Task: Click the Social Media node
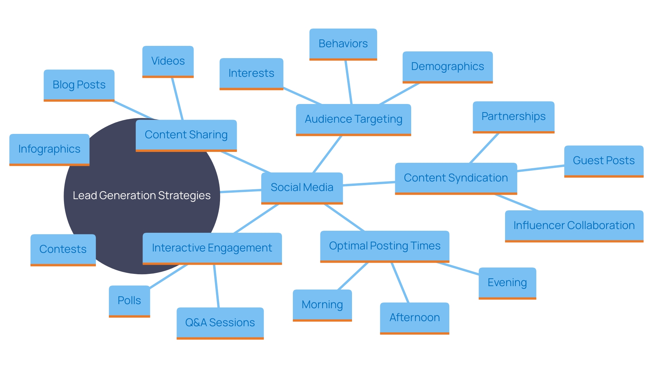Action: pyautogui.click(x=302, y=188)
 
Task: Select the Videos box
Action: pyautogui.click(x=168, y=61)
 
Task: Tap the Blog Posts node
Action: pyautogui.click(x=79, y=85)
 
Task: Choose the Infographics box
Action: pyautogui.click(x=49, y=149)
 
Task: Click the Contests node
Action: pyautogui.click(x=63, y=249)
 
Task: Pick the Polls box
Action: pyautogui.click(x=129, y=301)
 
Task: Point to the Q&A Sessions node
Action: pyautogui.click(x=220, y=323)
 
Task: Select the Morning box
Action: pyautogui.click(x=322, y=305)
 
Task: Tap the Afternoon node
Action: pyautogui.click(x=414, y=318)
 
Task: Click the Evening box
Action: pyautogui.click(x=507, y=283)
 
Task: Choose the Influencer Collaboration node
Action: pyautogui.click(x=574, y=226)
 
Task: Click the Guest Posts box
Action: pyautogui.click(x=604, y=161)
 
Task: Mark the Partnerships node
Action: pyautogui.click(x=513, y=117)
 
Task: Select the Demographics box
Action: pyautogui.click(x=447, y=67)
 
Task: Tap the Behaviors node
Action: pyautogui.click(x=343, y=44)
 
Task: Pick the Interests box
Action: pyautogui.click(x=251, y=73)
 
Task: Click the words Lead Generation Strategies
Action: pyautogui.click(x=141, y=196)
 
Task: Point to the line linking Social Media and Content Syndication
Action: pyautogui.click(x=369, y=184)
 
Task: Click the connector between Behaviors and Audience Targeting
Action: pyautogui.click(x=349, y=82)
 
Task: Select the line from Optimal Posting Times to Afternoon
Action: pyautogui.click(x=400, y=282)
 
